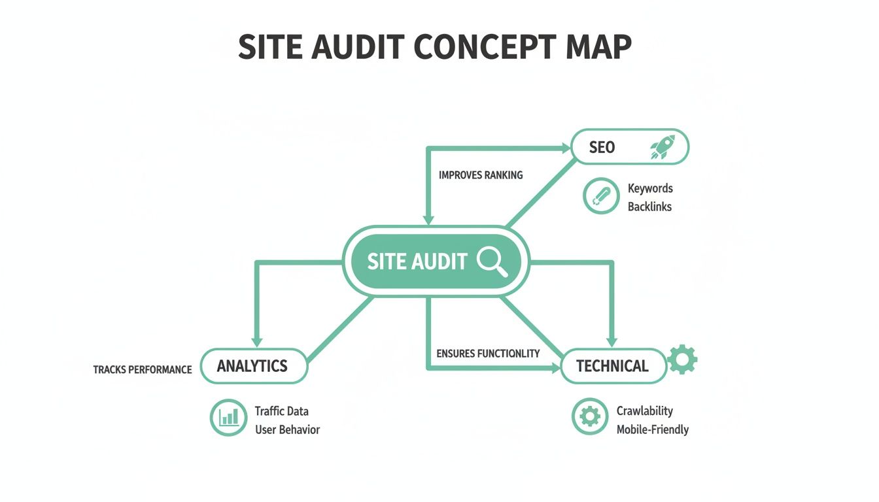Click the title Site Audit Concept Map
click(435, 47)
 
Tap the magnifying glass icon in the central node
click(492, 261)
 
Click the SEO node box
click(630, 146)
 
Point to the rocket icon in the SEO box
click(662, 147)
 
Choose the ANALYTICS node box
click(253, 366)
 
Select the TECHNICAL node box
click(612, 366)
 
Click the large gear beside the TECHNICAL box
click(682, 360)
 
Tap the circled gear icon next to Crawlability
click(589, 416)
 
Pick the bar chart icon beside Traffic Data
click(228, 417)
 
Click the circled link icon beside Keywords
click(600, 195)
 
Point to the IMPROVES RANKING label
click(481, 175)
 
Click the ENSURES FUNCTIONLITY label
click(488, 354)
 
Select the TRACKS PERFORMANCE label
click(143, 370)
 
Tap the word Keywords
click(650, 188)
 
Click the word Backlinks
click(649, 207)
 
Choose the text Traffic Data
click(281, 411)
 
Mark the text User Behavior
click(287, 429)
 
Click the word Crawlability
click(644, 411)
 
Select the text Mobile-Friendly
click(652, 429)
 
